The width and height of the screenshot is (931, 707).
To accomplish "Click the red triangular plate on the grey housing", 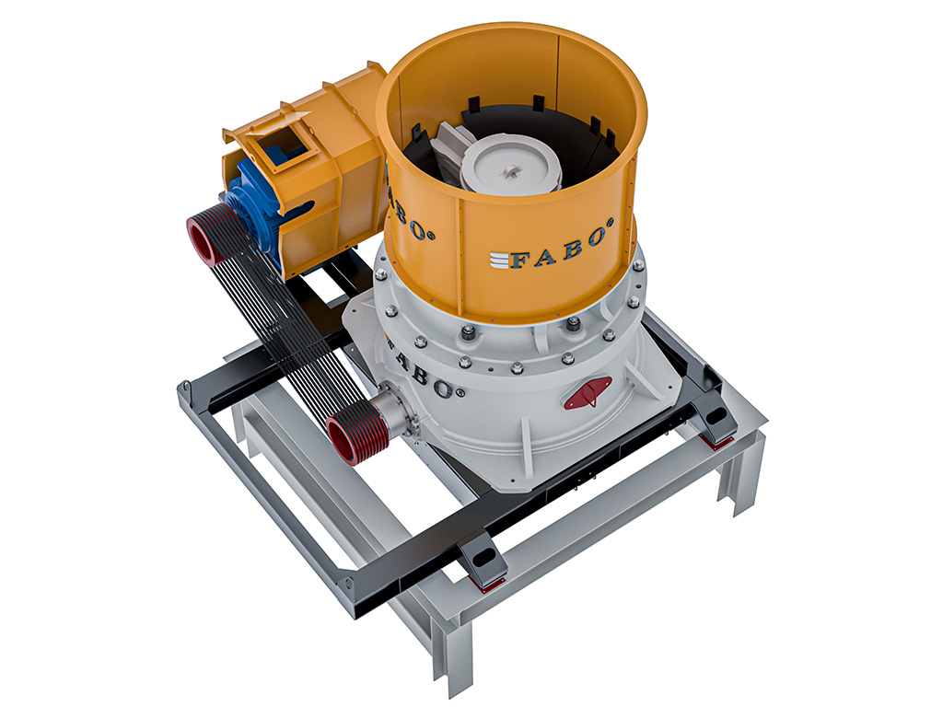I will coord(589,393).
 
